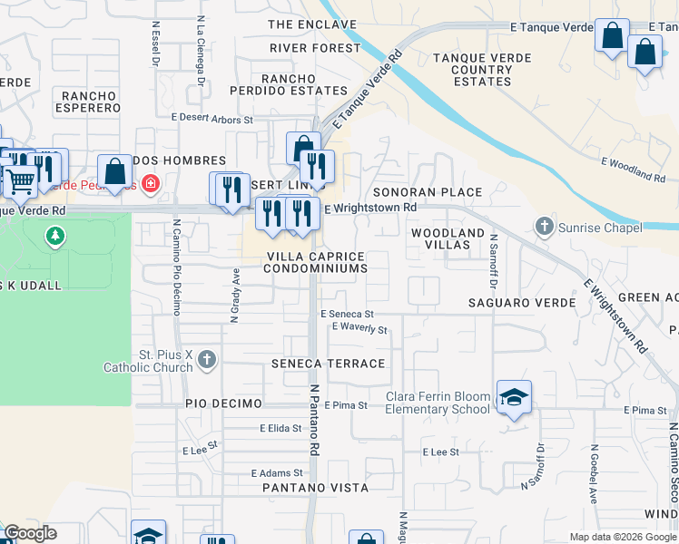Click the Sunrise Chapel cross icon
point(544,226)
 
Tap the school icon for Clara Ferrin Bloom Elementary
point(514,397)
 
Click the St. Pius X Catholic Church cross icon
point(207,361)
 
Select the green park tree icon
point(55,237)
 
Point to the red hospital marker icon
point(151,185)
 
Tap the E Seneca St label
point(347,314)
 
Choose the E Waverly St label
point(359,327)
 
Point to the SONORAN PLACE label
point(427,193)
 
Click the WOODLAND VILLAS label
point(448,239)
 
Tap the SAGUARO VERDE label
point(522,302)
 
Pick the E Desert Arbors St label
point(212,118)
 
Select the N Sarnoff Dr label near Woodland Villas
point(493,248)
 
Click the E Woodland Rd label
point(634,167)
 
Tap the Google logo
point(31,534)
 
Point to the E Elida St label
point(280,427)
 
